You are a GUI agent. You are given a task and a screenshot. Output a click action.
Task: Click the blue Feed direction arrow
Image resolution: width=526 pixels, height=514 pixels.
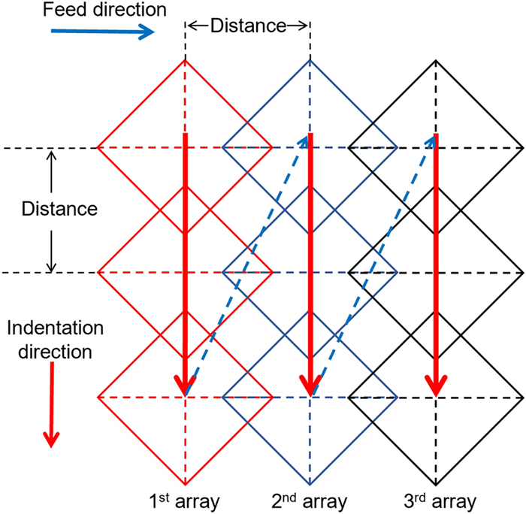tap(101, 31)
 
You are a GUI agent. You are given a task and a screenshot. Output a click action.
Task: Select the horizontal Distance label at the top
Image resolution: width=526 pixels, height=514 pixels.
tap(247, 26)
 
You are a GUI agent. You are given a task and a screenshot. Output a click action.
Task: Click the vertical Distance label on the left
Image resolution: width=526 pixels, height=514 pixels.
tap(50, 208)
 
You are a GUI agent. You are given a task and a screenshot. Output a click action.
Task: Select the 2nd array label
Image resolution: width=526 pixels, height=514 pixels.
tap(310, 500)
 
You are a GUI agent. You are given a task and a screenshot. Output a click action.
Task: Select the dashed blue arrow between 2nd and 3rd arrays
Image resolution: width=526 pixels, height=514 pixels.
tap(373, 263)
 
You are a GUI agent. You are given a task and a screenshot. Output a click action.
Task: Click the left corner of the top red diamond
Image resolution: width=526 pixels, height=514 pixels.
tap(98, 148)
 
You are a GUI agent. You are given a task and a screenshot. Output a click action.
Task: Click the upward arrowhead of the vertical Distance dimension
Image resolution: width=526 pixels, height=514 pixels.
tap(51, 155)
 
